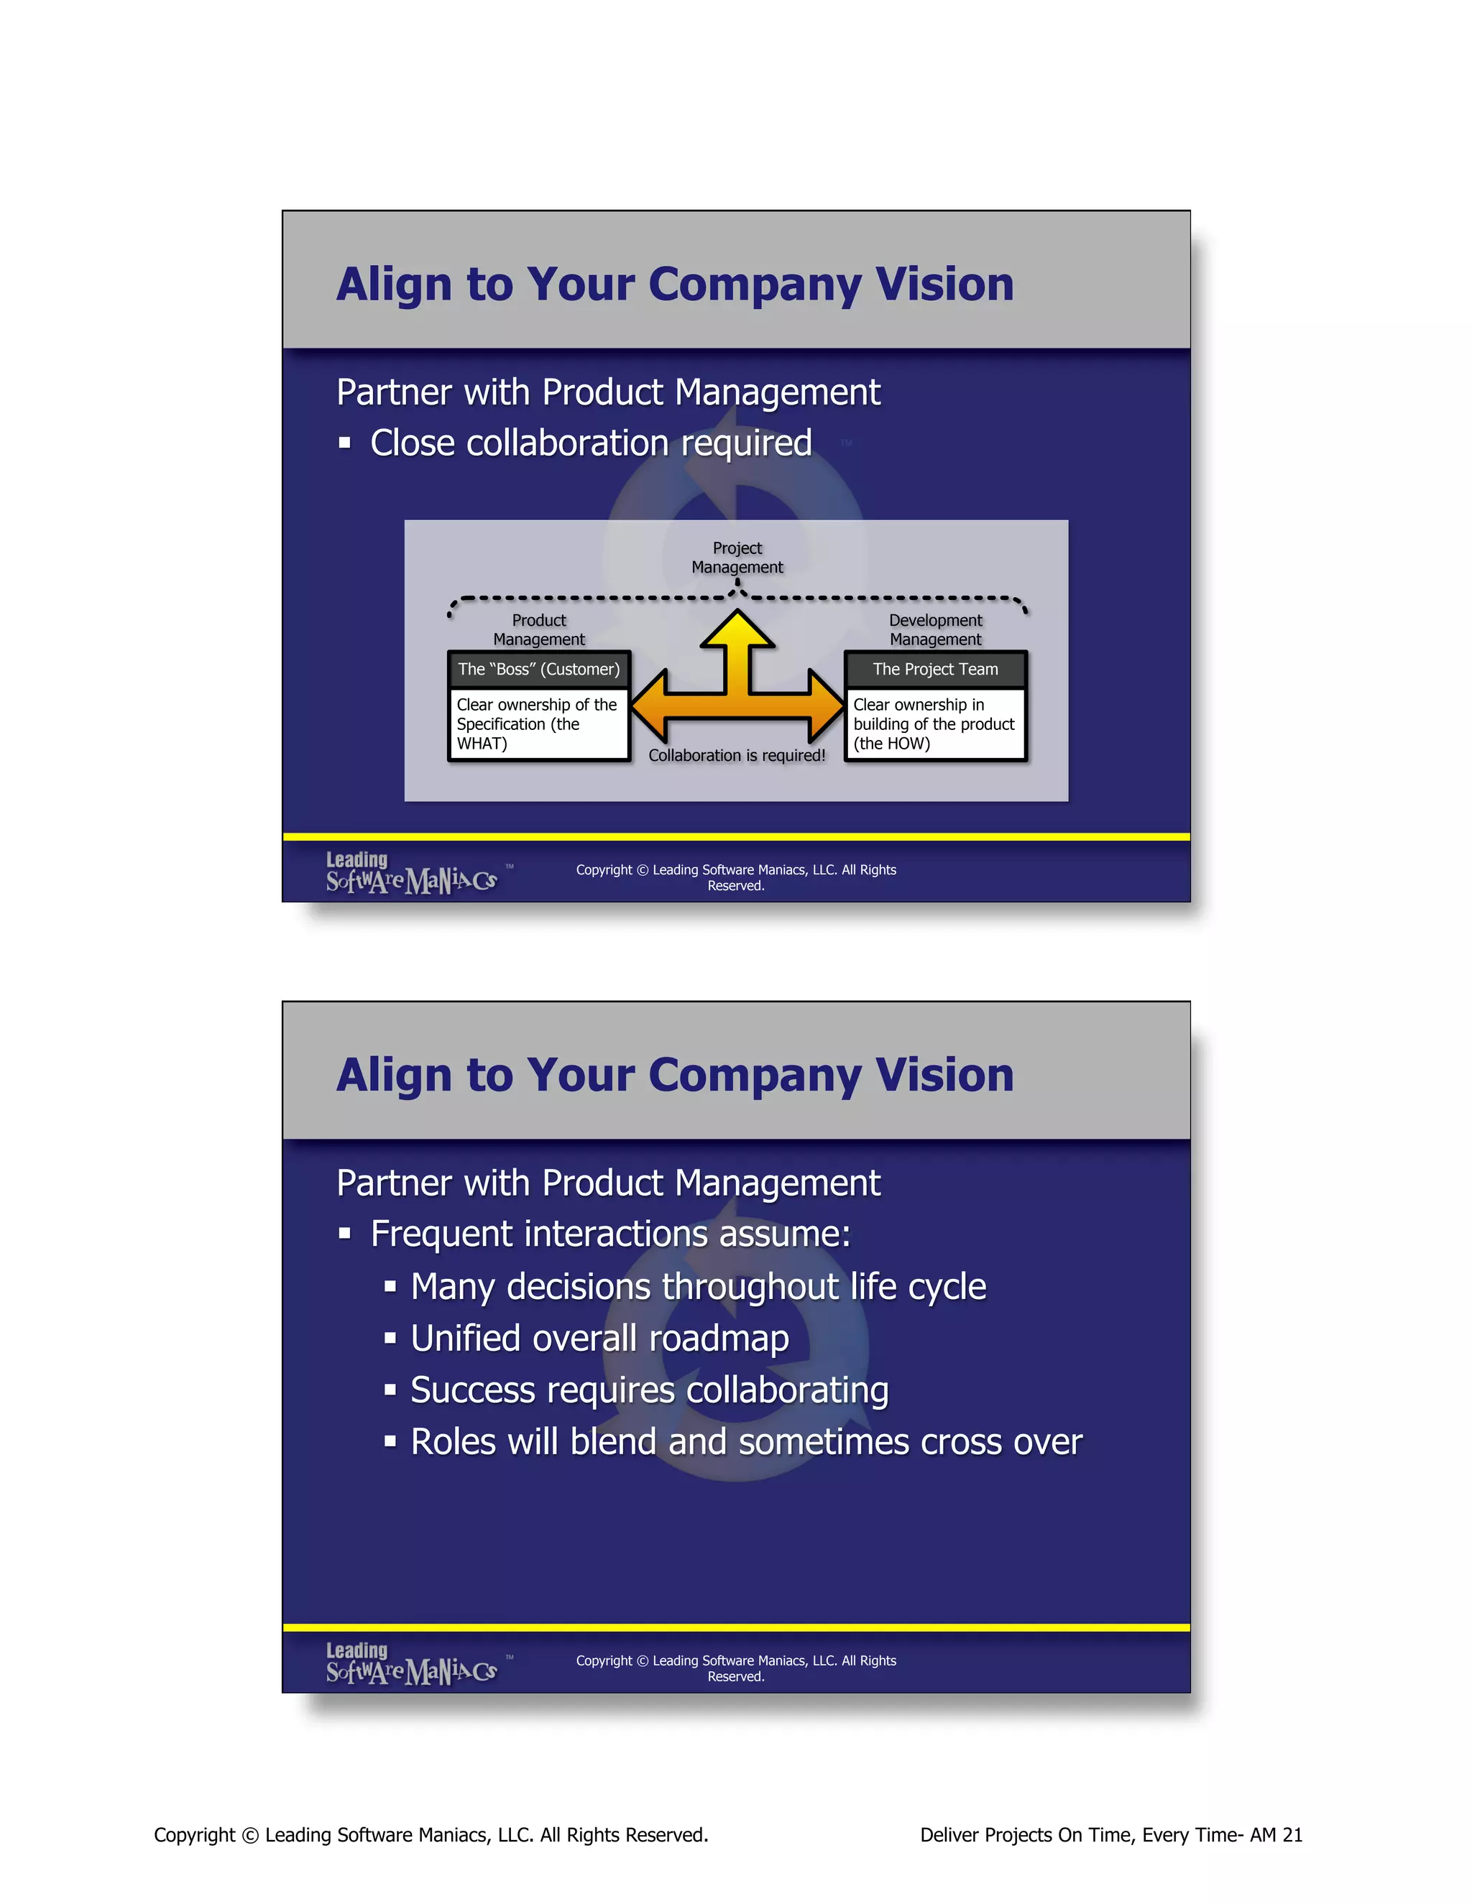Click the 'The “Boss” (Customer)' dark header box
click(x=539, y=670)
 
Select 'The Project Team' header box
click(x=935, y=670)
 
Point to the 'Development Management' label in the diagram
click(x=935, y=629)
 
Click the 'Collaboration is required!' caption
click(x=737, y=756)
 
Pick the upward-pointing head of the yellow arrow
click(x=737, y=628)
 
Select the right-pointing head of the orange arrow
click(x=826, y=706)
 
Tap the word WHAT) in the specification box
click(x=482, y=744)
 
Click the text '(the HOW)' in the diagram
click(x=891, y=744)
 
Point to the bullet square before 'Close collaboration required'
click(x=344, y=443)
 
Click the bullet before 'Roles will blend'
click(x=390, y=1441)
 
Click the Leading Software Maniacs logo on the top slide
click(x=412, y=874)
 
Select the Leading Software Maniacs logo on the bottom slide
click(x=412, y=1664)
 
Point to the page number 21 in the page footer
click(x=1292, y=1835)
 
